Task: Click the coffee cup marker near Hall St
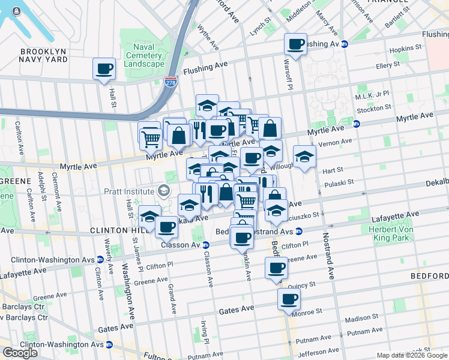104,68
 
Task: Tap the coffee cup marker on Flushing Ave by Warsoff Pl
295,44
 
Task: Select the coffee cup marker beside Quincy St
276,268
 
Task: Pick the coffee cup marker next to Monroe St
289,299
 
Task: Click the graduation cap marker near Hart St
304,157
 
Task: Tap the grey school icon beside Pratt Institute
163,191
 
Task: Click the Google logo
20,352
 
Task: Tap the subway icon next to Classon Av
206,245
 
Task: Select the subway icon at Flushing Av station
345,44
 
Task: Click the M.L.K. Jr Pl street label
373,95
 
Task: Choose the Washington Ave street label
127,290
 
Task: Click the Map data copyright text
412,355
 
